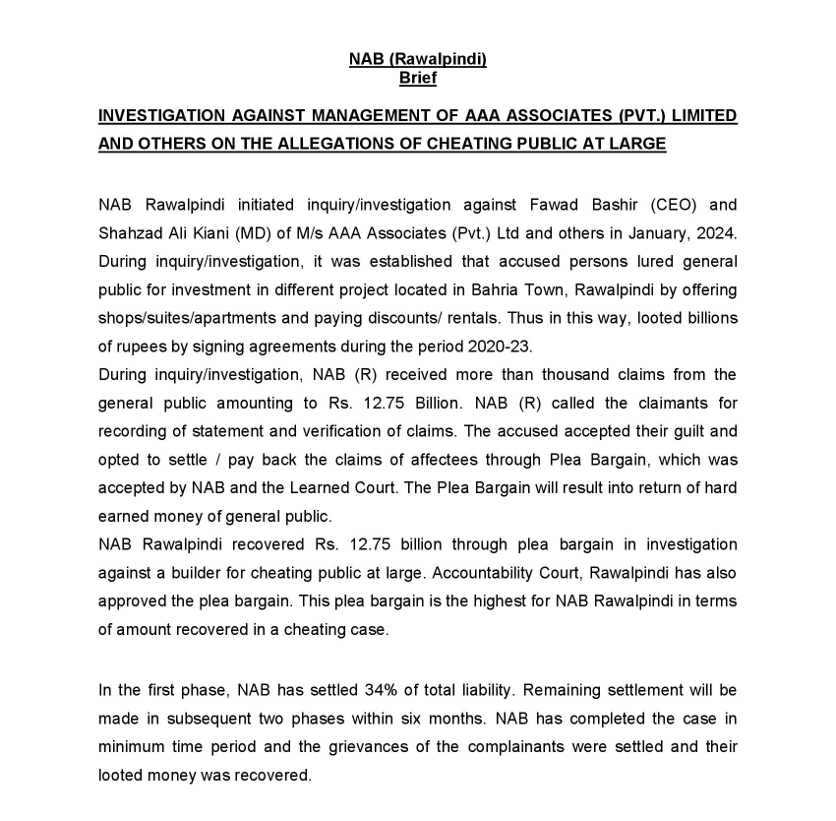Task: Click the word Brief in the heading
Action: coord(418,77)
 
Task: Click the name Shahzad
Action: coord(129,233)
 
